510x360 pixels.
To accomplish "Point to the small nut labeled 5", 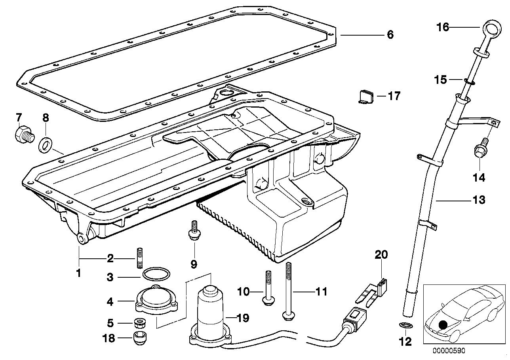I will (x=139, y=323).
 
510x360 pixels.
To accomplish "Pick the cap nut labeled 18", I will (x=139, y=338).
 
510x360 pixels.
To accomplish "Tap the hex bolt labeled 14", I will (x=479, y=151).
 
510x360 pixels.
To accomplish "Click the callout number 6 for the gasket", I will (x=390, y=35).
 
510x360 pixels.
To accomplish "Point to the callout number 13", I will (x=478, y=200).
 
